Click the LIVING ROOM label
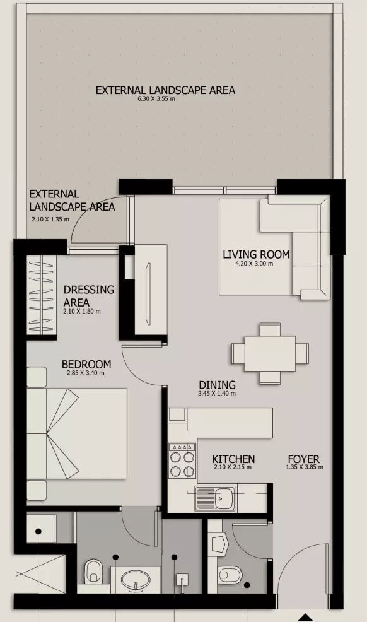256,254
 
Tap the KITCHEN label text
233,459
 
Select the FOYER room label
303,459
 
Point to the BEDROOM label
86,364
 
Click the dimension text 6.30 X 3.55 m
156,99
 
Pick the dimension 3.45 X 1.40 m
217,394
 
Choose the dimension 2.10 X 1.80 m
81,312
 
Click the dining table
271,353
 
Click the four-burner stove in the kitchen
182,461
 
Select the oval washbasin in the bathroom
136,581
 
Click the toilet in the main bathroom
93,572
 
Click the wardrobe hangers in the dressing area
41,295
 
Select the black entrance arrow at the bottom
305,618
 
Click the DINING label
217,385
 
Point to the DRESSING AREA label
89,295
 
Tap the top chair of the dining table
271,330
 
